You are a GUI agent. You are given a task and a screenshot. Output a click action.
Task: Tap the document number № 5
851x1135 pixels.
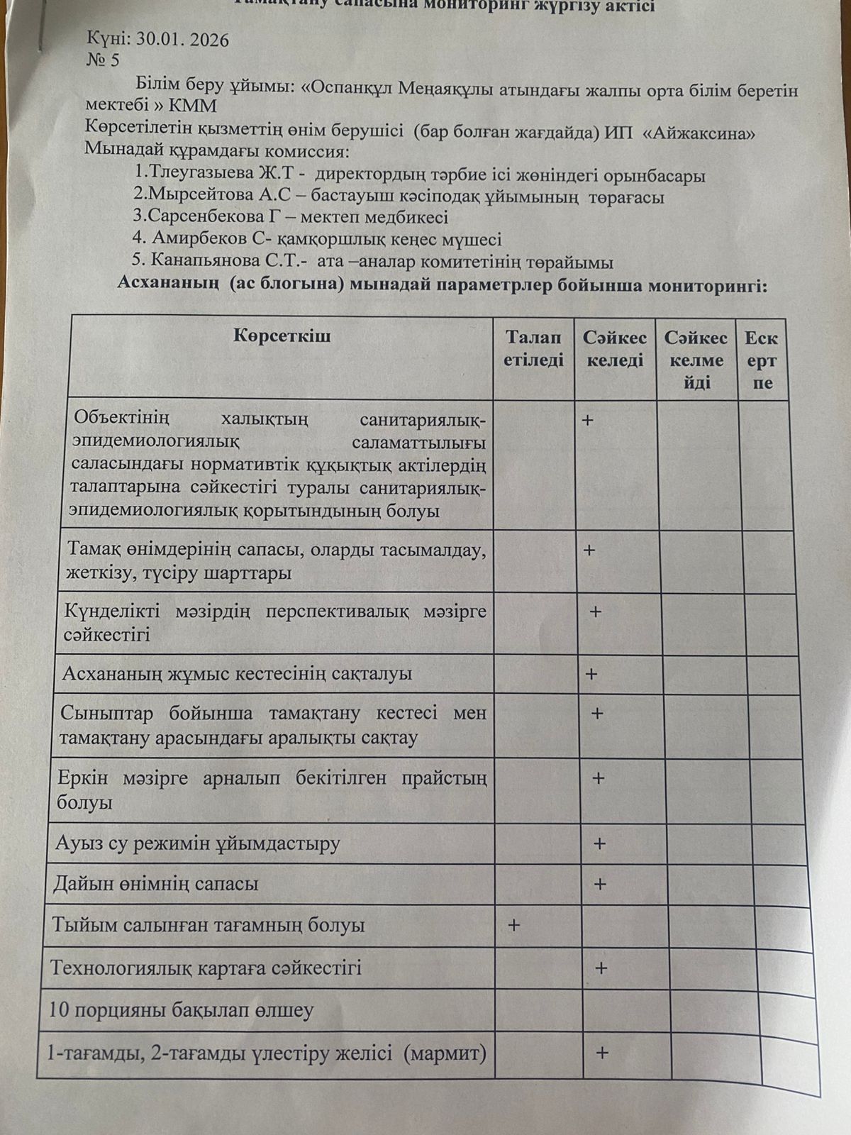(x=103, y=60)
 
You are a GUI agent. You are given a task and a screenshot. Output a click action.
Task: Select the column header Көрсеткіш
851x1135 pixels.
(x=282, y=336)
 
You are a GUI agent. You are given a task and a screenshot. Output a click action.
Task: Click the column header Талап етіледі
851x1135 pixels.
(x=533, y=349)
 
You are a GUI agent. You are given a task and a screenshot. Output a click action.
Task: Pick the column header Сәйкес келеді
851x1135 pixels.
(x=615, y=349)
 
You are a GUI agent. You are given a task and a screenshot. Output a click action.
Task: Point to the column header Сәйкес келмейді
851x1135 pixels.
(x=696, y=360)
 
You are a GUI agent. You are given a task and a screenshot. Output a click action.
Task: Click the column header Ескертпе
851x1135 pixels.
(x=762, y=360)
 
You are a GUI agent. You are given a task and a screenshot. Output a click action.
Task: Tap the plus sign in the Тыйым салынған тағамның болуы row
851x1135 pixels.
(x=513, y=925)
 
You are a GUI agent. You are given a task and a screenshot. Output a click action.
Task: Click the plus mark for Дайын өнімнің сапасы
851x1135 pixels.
(x=600, y=884)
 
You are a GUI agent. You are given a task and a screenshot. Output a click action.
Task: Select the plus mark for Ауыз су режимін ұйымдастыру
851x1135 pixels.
(x=599, y=843)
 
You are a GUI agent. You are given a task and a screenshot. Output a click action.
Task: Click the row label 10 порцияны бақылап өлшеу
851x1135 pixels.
(x=181, y=1010)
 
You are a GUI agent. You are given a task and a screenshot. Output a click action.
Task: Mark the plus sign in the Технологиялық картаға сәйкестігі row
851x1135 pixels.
(x=601, y=968)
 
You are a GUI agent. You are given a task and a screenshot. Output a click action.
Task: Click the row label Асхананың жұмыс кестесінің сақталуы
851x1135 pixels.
(x=237, y=673)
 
